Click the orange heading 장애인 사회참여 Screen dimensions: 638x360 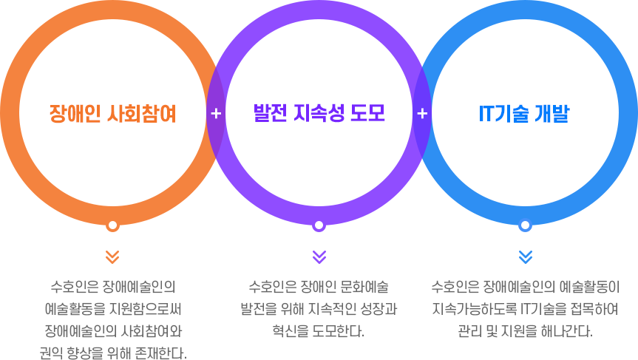click(112, 114)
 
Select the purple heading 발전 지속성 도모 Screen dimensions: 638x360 click(319, 113)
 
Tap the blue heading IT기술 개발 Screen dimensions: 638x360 click(524, 114)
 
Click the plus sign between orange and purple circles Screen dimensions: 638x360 click(216, 114)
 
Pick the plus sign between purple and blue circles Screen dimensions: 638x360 click(422, 114)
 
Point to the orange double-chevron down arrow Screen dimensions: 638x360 click(112, 257)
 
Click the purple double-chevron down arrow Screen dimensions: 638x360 click(319, 257)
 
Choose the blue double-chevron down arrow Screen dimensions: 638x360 click(526, 257)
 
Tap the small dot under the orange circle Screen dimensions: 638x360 click(112, 225)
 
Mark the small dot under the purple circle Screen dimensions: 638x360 click(319, 225)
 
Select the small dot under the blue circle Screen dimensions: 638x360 click(526, 225)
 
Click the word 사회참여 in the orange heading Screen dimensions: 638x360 click(142, 114)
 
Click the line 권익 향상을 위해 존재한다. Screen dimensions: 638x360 click(113, 353)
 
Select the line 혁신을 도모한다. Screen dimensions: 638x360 click(319, 331)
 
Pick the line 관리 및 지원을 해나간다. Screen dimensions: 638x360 click(526, 331)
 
